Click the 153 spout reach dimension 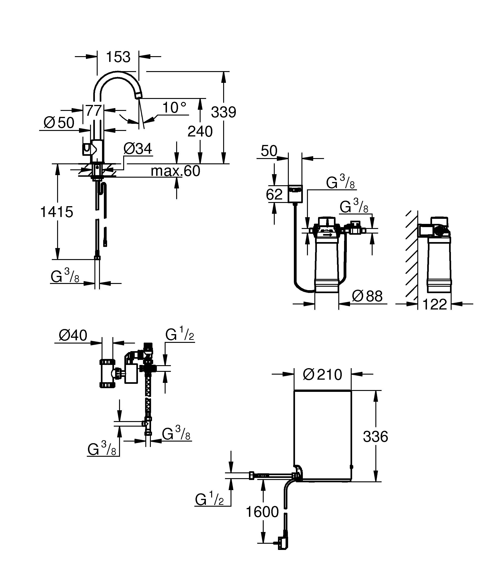(x=118, y=57)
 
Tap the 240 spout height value (x=200, y=131)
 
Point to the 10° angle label (x=174, y=108)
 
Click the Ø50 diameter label (x=59, y=123)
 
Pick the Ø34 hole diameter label (x=137, y=149)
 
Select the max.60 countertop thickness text (x=175, y=171)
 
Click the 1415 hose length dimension (x=57, y=212)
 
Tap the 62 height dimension (x=274, y=194)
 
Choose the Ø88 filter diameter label (x=367, y=296)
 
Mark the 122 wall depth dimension (x=434, y=304)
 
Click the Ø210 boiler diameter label (x=322, y=375)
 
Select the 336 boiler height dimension (x=375, y=436)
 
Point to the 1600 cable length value (x=262, y=512)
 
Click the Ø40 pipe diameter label (x=73, y=335)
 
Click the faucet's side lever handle (x=87, y=149)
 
